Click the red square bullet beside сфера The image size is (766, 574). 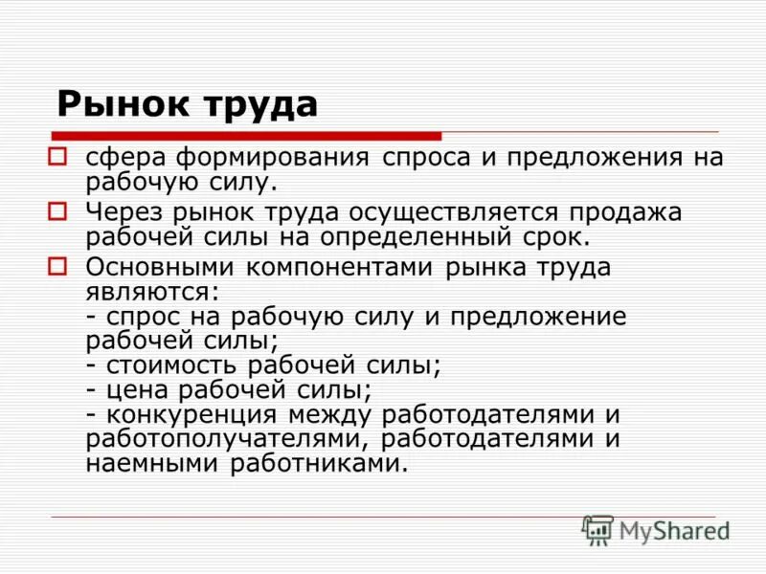[x=57, y=155]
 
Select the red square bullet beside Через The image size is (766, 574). [x=57, y=210]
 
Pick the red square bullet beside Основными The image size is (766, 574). [x=57, y=265]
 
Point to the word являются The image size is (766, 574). [x=151, y=291]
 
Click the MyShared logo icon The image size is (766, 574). [x=597, y=530]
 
